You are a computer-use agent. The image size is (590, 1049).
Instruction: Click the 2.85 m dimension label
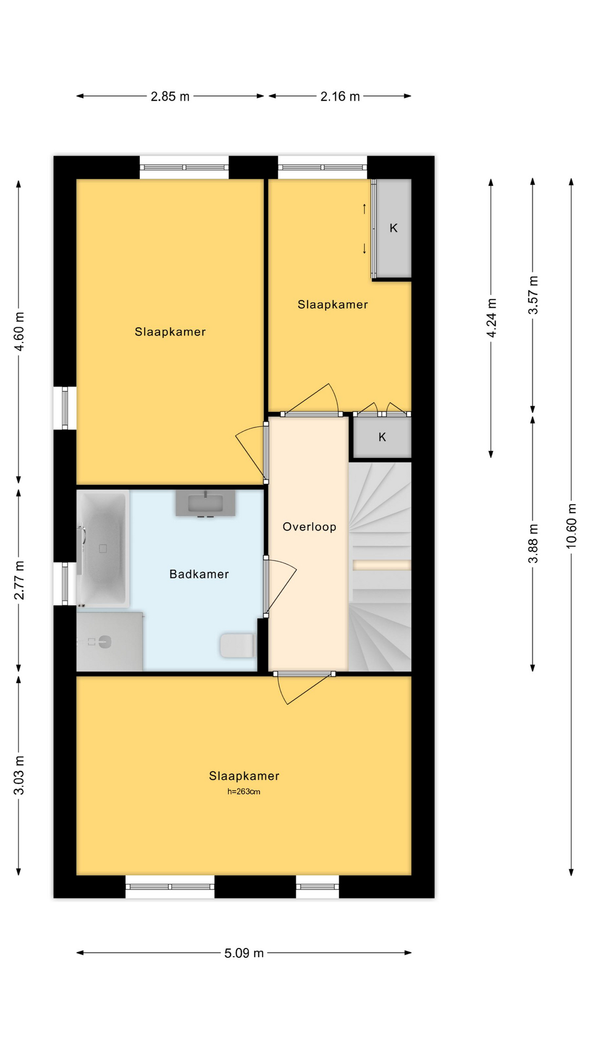pos(170,97)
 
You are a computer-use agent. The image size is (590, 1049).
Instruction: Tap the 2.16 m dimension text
pos(340,97)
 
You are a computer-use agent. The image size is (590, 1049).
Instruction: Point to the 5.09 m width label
pos(244,953)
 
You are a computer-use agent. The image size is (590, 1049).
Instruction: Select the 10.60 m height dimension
pos(571,526)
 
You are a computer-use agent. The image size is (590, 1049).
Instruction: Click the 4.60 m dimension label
pos(19,332)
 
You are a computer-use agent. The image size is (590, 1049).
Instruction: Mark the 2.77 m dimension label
pos(19,580)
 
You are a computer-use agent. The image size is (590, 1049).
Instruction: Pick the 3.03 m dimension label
pos(19,776)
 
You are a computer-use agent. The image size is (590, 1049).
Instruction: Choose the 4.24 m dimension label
pos(492,318)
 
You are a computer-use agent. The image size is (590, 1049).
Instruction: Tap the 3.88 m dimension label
pos(533,544)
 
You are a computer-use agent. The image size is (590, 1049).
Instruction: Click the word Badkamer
pos(199,574)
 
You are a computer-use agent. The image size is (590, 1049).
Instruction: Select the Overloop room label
pos(309,527)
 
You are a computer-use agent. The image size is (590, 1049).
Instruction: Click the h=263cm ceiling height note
pos(244,792)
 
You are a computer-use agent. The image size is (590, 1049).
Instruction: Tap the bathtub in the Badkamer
pos(103,549)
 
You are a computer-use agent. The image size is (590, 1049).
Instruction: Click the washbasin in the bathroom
pos(205,503)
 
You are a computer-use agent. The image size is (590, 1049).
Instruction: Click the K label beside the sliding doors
pos(393,228)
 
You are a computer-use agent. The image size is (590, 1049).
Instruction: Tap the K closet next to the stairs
pos(382,437)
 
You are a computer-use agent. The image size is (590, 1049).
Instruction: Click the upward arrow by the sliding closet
pos(364,208)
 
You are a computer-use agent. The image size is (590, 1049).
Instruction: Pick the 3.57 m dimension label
pos(533,295)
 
